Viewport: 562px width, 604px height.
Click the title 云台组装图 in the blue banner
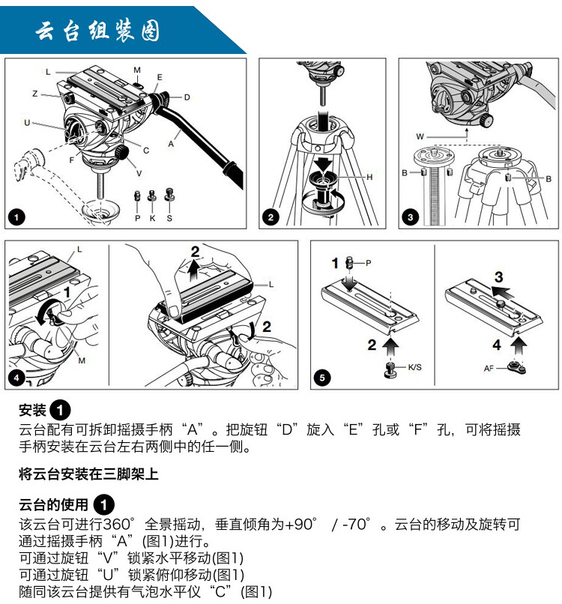coord(97,31)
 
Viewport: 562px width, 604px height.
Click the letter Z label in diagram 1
coord(35,94)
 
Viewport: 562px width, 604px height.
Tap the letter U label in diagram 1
coord(27,122)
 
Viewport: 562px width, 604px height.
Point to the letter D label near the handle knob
coord(187,97)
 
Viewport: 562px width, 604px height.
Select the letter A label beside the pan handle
coord(171,144)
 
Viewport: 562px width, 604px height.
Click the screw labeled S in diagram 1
coord(169,195)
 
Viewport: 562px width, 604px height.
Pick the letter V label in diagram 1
coord(139,173)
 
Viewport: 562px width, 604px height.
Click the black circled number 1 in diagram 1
coord(16,217)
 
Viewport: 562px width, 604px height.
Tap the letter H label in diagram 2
coord(369,177)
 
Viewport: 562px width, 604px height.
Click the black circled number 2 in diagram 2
coord(271,217)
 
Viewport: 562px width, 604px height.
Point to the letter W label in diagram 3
coord(420,136)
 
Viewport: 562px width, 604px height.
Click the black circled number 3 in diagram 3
coord(410,217)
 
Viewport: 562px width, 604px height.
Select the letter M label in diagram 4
coord(82,360)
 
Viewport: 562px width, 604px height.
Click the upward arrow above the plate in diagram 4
coord(195,268)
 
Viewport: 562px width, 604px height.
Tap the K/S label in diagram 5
coord(415,367)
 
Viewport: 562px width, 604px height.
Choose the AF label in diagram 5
coord(489,368)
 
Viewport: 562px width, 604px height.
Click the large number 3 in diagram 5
coord(499,277)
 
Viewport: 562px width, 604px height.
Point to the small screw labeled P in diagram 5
coord(350,263)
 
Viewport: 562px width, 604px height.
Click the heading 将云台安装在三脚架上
coord(88,474)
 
